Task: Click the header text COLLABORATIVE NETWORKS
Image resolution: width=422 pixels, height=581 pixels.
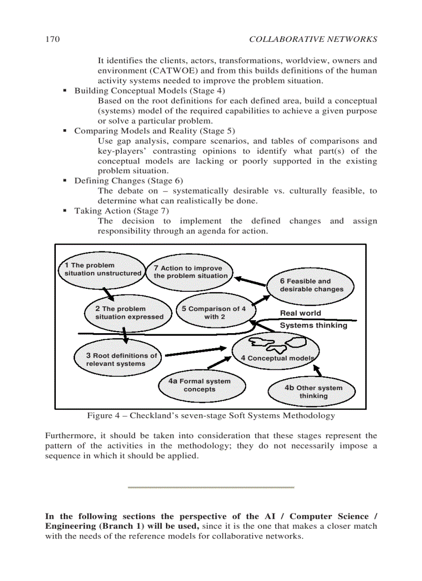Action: pos(313,40)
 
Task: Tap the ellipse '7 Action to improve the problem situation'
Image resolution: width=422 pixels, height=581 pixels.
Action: pos(190,272)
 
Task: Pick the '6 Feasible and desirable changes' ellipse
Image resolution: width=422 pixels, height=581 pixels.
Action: pos(311,285)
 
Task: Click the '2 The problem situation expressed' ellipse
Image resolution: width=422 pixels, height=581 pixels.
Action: pos(128,313)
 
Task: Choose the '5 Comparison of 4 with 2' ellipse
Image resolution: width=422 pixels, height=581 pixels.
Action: pos(214,312)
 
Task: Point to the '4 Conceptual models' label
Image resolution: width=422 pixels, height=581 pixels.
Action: pos(277,358)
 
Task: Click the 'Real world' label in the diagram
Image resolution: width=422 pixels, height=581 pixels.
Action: pos(300,313)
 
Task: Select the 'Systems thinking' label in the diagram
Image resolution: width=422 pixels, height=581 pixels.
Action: pos(313,325)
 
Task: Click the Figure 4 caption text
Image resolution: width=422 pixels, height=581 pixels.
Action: pos(210,415)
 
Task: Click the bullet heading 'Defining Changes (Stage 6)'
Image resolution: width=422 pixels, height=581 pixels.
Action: pos(128,181)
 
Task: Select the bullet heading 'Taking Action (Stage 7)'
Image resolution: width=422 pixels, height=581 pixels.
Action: pos(121,211)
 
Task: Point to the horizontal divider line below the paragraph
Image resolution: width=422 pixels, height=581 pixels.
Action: pos(210,487)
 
